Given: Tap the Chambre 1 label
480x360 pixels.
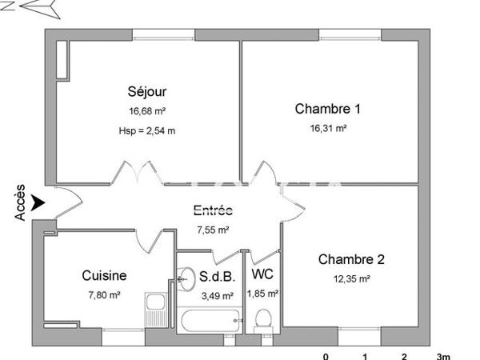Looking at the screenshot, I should (x=327, y=109).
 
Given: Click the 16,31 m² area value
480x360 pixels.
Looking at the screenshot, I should (x=328, y=128).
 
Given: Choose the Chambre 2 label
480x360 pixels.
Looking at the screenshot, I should (x=351, y=259).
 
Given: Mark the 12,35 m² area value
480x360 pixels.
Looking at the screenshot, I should (x=351, y=278).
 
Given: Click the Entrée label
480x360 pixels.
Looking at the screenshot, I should (x=213, y=211).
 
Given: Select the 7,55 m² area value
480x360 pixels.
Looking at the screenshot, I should (x=213, y=230).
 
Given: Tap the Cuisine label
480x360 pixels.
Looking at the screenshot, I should (x=104, y=276).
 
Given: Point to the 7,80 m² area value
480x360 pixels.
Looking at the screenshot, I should (x=104, y=295).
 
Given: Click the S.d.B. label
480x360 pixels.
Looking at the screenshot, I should (x=216, y=277).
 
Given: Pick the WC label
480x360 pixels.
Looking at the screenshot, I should (x=262, y=274).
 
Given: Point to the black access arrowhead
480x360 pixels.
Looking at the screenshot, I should (x=38, y=205).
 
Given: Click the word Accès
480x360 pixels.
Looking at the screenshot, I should (x=20, y=203).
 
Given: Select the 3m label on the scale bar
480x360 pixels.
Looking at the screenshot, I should (x=443, y=356).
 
